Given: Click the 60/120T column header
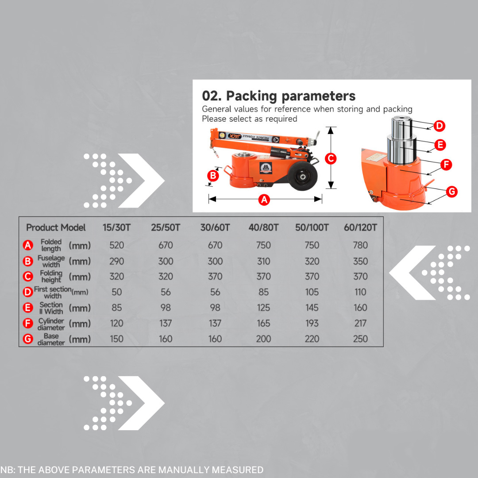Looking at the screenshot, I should click(360, 227).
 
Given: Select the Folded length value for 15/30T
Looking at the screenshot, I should click(117, 245).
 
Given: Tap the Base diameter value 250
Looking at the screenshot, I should click(360, 339).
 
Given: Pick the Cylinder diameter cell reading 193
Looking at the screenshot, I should click(312, 323).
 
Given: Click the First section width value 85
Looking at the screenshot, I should click(263, 292).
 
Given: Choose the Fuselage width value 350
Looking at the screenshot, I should click(360, 261).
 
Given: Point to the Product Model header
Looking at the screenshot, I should click(56, 227).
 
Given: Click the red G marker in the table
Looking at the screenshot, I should click(28, 339).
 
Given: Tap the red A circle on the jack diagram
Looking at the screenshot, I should click(264, 200).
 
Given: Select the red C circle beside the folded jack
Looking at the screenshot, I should click(331, 158).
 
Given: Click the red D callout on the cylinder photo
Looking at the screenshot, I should click(439, 126).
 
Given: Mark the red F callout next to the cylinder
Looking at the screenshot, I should click(447, 165).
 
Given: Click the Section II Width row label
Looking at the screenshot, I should click(51, 308).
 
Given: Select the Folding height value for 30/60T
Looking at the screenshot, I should click(215, 277).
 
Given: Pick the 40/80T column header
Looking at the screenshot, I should click(263, 227).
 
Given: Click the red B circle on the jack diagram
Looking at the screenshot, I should click(213, 176).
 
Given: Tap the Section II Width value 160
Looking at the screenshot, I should click(360, 308).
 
